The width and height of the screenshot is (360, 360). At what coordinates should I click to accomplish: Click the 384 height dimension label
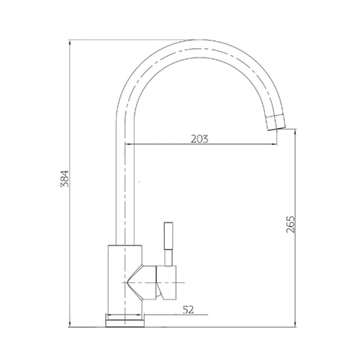click(x=65, y=179)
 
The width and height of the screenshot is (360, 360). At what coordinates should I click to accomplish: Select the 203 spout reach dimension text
click(x=199, y=139)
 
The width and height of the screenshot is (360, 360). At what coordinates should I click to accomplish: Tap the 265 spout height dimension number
click(x=290, y=225)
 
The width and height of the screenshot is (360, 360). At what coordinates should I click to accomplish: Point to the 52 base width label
click(x=188, y=310)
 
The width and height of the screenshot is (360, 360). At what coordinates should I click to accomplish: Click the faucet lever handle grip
click(x=168, y=236)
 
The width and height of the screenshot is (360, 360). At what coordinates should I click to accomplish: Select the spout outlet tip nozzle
click(x=276, y=123)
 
